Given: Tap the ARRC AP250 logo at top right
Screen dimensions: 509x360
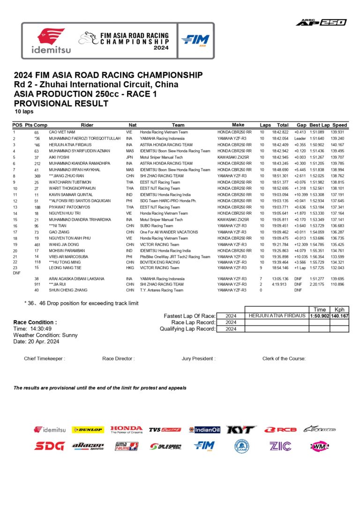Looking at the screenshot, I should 321,22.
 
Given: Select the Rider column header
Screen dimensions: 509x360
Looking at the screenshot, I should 87,125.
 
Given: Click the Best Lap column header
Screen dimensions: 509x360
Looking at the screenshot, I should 319,125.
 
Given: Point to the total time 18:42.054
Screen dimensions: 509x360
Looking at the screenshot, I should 280,139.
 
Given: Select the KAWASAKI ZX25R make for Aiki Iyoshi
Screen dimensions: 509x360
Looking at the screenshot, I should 233,157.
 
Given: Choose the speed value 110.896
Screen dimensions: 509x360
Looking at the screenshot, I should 339,284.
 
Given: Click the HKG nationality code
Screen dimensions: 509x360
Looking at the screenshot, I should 129,268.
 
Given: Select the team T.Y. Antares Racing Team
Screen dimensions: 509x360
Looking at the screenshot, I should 161,290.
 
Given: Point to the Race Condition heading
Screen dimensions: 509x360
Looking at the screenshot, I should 35,322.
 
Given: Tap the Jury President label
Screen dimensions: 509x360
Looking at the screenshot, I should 198,359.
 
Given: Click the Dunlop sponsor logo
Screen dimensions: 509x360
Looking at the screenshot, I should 88,429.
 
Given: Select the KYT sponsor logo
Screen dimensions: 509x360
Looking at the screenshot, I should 241,429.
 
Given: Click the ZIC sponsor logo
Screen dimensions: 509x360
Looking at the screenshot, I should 280,446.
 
